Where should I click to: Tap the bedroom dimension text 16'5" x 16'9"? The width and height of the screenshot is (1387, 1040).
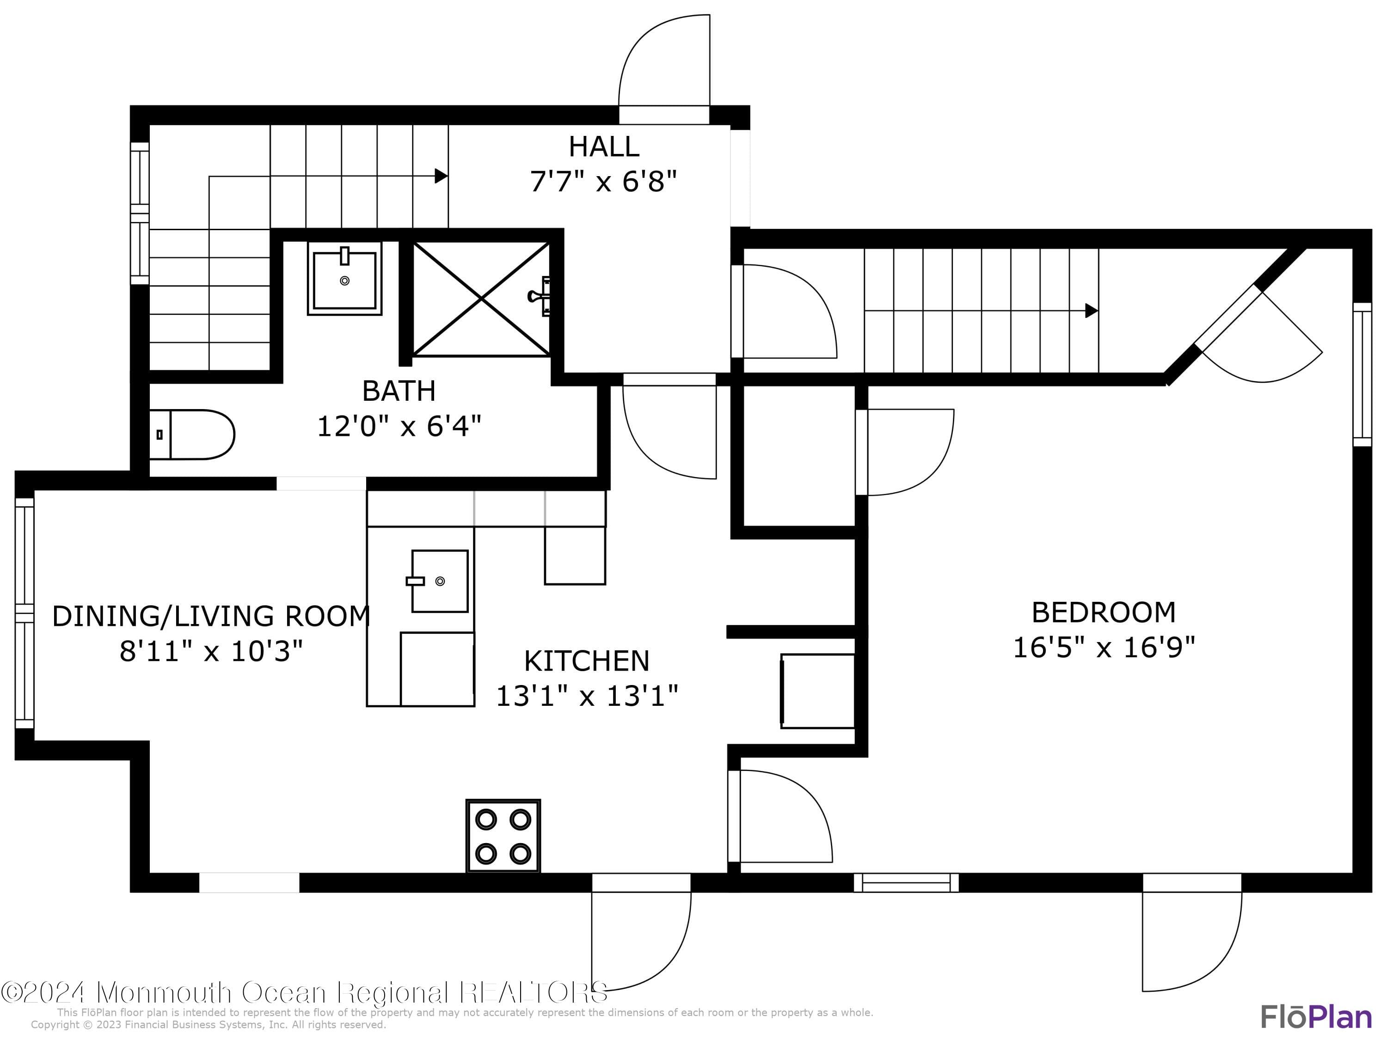(1104, 647)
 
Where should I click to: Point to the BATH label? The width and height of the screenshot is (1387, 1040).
(399, 391)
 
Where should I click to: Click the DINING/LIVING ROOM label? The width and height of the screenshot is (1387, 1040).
(211, 616)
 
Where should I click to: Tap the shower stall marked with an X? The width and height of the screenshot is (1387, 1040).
(481, 299)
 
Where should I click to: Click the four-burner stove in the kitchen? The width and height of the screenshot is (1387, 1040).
(503, 836)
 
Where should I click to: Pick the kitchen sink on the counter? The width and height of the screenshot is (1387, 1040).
(440, 581)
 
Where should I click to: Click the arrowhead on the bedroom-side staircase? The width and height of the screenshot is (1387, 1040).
(1091, 310)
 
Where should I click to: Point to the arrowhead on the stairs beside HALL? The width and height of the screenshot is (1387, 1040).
(441, 176)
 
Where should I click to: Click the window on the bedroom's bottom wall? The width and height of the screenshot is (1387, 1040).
(906, 883)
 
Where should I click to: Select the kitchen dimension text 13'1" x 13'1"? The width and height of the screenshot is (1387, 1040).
(586, 696)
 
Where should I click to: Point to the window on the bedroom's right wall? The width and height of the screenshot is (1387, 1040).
(1362, 374)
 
